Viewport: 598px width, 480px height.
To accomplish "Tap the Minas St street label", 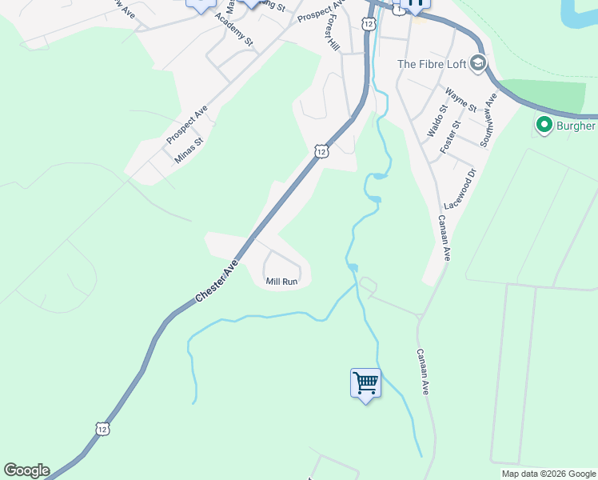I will [x=189, y=150].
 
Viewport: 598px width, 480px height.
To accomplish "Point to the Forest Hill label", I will [x=333, y=35].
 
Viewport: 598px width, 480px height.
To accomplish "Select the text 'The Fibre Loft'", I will [x=431, y=64].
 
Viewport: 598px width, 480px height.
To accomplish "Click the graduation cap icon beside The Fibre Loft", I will [x=477, y=63].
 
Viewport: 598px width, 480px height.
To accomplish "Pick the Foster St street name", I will [x=451, y=137].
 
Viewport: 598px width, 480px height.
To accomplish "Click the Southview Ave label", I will [x=488, y=119].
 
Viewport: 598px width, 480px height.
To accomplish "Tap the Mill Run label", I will [x=281, y=282].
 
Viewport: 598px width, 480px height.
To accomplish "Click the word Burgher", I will [x=576, y=126].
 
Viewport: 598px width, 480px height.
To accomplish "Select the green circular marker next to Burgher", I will [x=544, y=125].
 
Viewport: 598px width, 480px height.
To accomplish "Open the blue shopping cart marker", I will [x=365, y=383].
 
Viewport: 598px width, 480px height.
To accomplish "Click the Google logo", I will [x=26, y=470].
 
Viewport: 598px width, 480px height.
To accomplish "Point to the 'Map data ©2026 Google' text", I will [x=548, y=474].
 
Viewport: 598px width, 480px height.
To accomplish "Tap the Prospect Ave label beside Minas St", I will [x=187, y=125].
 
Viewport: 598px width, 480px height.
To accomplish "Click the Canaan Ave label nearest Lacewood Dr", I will [x=443, y=238].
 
